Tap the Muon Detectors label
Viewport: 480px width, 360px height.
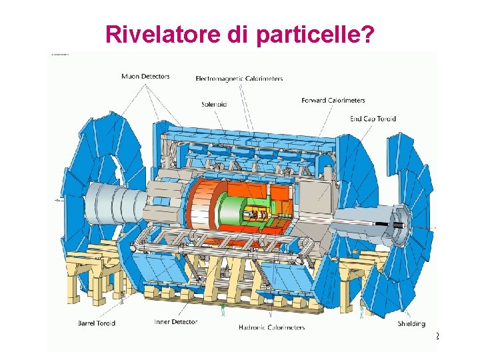coord(145,76)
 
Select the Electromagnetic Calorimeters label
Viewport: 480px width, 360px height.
coord(239,79)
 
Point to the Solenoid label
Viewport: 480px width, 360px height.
coord(213,104)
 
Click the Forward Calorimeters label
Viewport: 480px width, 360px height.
coord(333,101)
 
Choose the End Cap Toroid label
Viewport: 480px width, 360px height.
coord(373,119)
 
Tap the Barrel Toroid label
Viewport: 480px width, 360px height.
coord(97,323)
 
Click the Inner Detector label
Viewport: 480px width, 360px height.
coord(175,322)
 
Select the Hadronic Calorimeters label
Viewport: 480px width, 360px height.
coord(271,327)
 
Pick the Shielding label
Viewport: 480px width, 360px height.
coord(411,323)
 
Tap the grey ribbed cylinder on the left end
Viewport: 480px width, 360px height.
coord(113,200)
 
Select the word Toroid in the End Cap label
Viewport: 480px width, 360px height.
coord(385,119)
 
